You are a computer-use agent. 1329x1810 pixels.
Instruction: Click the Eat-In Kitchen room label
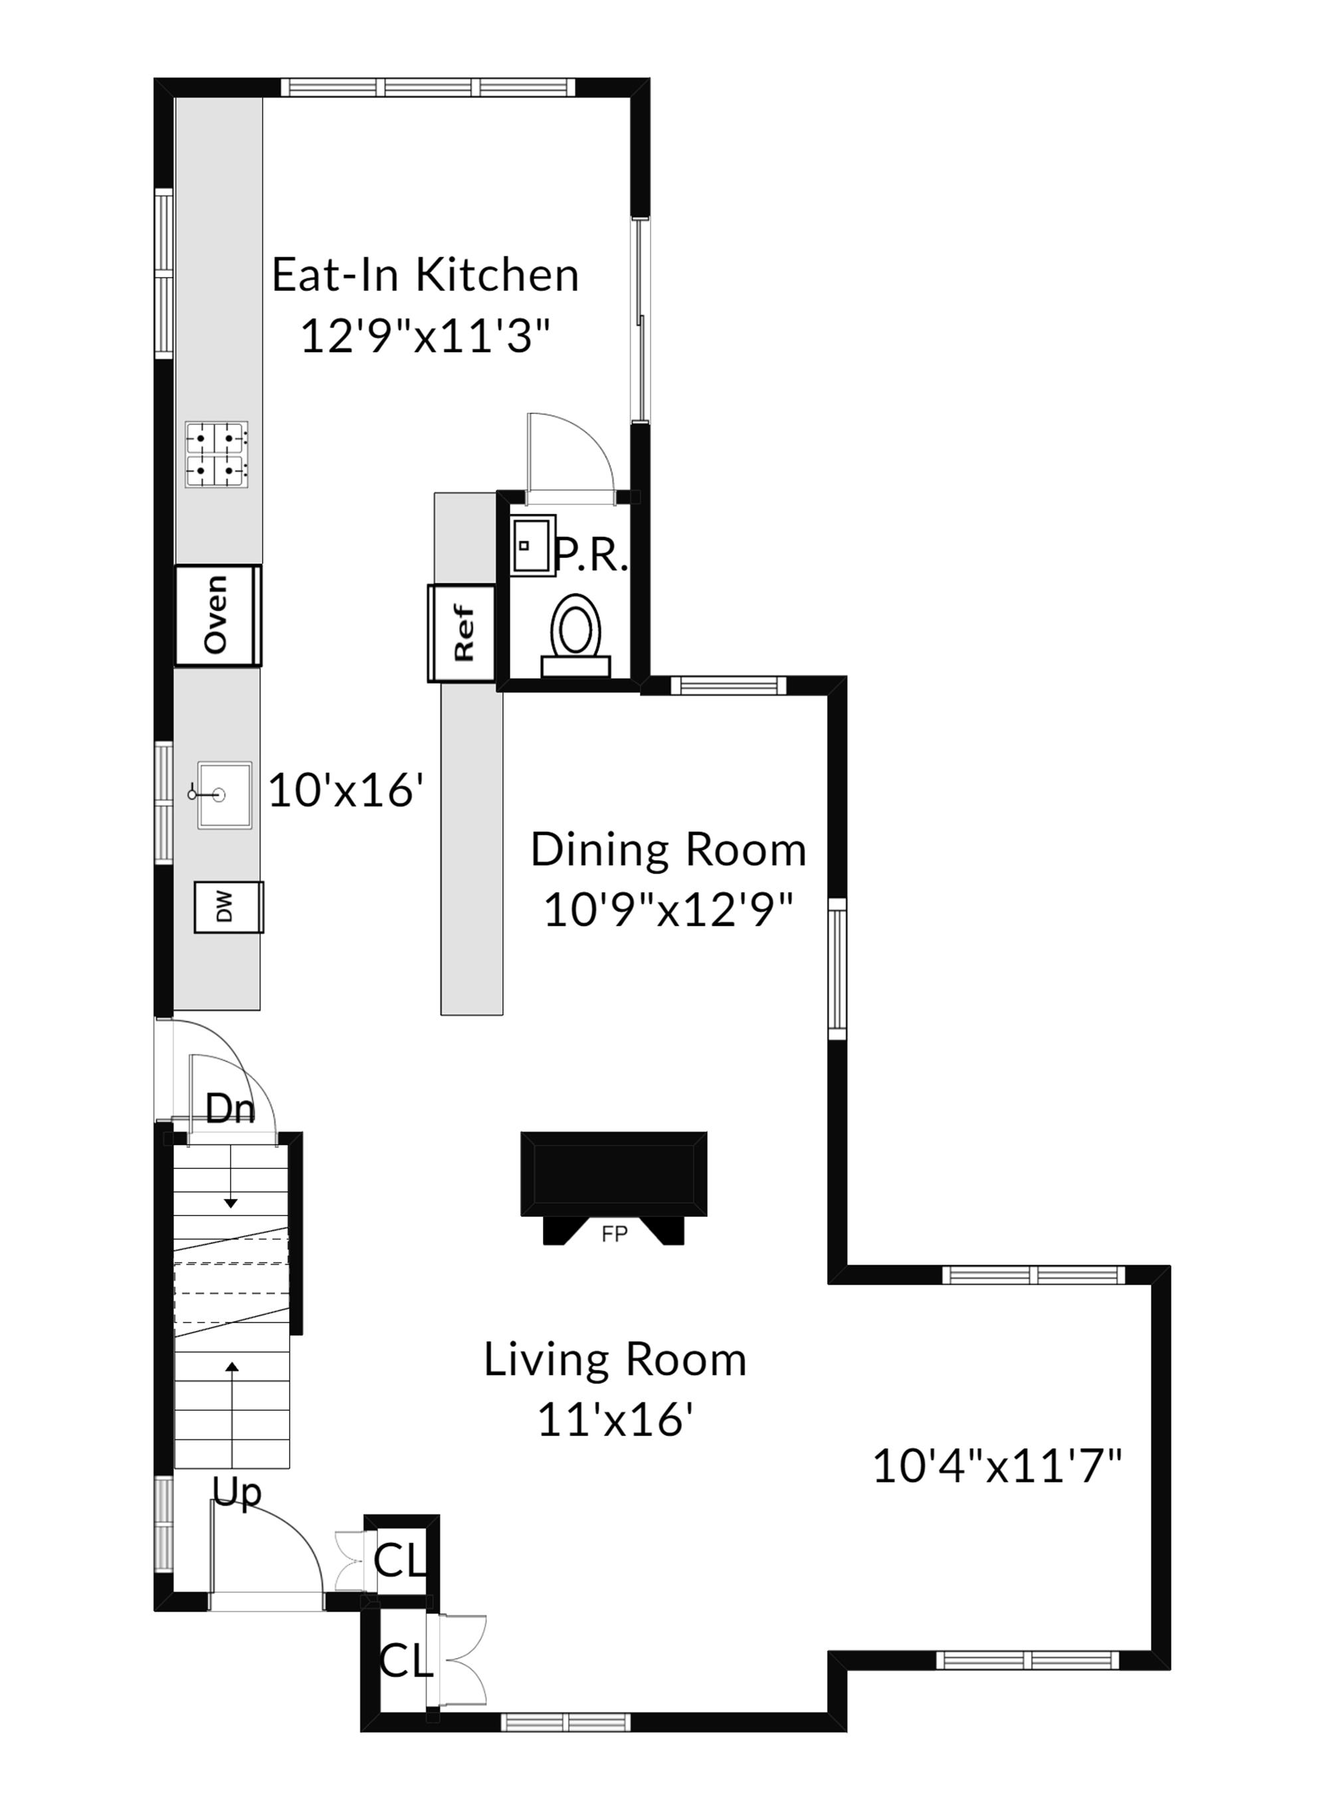(x=425, y=275)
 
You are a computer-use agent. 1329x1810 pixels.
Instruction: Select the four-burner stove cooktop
(x=217, y=454)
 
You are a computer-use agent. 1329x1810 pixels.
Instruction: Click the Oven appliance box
(x=218, y=615)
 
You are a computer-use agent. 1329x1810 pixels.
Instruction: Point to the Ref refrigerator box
(x=462, y=634)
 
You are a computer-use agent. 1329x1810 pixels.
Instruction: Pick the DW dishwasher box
(x=229, y=907)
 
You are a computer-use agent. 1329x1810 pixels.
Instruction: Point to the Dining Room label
(x=668, y=850)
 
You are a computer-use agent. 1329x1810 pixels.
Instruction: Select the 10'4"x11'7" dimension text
(x=997, y=1465)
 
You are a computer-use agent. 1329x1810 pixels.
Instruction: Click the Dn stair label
(x=230, y=1108)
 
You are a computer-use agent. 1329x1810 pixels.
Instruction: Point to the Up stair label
(x=237, y=1493)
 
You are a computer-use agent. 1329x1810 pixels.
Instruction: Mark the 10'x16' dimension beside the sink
(x=346, y=790)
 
